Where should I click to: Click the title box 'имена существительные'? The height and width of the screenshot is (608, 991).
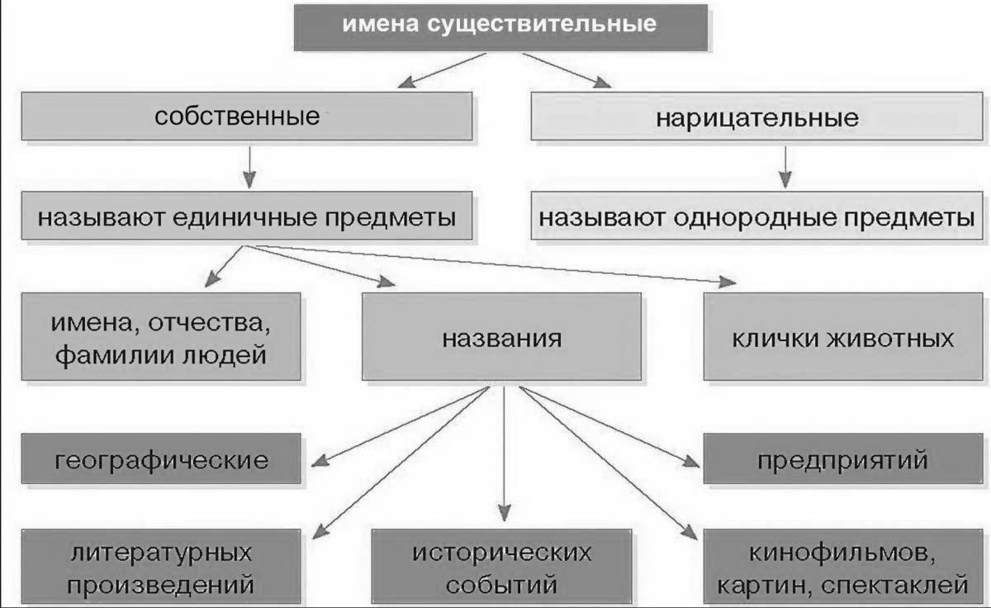500,25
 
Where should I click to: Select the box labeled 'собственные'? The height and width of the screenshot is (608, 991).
247,116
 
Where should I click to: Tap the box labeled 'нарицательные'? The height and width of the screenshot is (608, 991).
757,116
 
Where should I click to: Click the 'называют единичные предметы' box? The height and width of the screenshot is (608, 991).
247,217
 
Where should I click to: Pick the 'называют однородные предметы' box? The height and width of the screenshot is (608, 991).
757,217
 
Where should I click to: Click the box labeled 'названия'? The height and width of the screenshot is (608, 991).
500,337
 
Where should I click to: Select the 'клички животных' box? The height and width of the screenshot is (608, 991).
842,337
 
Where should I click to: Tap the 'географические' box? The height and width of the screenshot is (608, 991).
161,459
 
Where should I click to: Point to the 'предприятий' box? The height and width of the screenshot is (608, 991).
842,459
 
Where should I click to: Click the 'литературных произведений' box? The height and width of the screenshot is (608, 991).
161,570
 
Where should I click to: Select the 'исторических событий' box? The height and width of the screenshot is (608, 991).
501,570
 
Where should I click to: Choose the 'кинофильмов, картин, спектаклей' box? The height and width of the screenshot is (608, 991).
842,570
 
